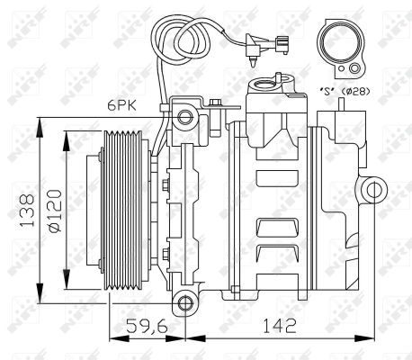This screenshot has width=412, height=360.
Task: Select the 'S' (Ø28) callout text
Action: click(x=344, y=92)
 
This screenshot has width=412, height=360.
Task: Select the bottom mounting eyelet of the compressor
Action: click(x=184, y=302)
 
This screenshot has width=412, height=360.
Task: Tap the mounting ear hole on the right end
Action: click(x=374, y=189)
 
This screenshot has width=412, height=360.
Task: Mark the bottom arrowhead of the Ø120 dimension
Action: click(x=67, y=284)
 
